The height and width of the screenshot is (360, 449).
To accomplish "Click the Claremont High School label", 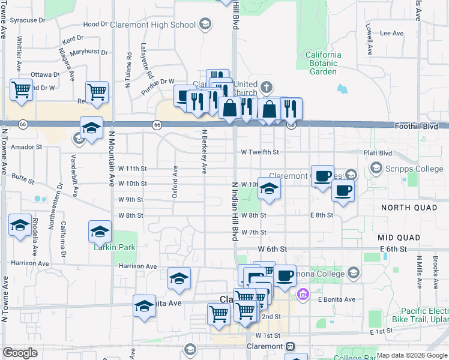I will click(x=158, y=25).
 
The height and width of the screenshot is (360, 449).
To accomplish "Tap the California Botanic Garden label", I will click(x=323, y=63).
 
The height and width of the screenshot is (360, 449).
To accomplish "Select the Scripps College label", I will click(x=414, y=169).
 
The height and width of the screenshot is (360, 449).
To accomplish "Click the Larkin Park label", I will click(x=114, y=247).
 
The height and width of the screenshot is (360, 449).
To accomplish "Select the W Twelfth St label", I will click(x=258, y=152).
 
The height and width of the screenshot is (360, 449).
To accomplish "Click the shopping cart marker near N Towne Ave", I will click(x=21, y=90).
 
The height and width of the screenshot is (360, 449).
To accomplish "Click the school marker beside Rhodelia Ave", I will click(x=20, y=226).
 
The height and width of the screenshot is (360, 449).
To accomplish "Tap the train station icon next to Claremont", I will click(x=291, y=346).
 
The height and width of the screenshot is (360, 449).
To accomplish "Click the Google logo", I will click(x=20, y=353).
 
